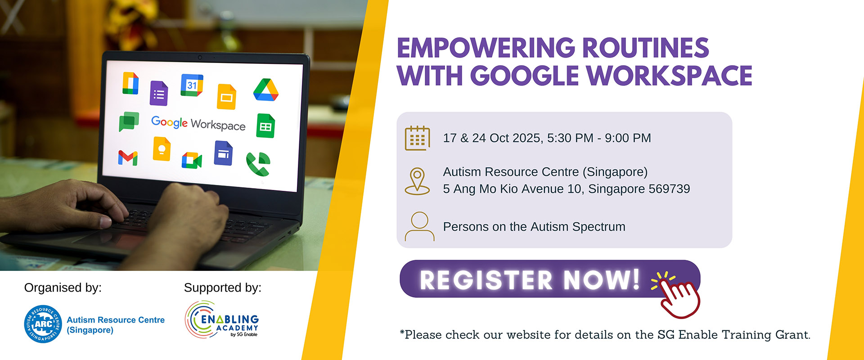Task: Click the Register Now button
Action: [550, 279]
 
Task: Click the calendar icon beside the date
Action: [417, 138]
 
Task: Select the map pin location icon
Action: [417, 181]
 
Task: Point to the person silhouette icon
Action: [419, 226]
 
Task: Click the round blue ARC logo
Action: [43, 324]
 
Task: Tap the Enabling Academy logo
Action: [222, 319]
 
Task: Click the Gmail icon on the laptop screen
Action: [128, 157]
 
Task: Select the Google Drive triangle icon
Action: [265, 90]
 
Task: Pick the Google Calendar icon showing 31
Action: [192, 85]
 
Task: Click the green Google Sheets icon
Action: [265, 126]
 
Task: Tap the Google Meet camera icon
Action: [192, 160]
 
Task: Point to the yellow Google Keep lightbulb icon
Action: [162, 149]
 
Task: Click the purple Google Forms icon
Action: [158, 94]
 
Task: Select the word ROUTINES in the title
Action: [646, 48]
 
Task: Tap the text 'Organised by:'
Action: [63, 288]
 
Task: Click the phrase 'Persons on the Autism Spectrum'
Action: [534, 227]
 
